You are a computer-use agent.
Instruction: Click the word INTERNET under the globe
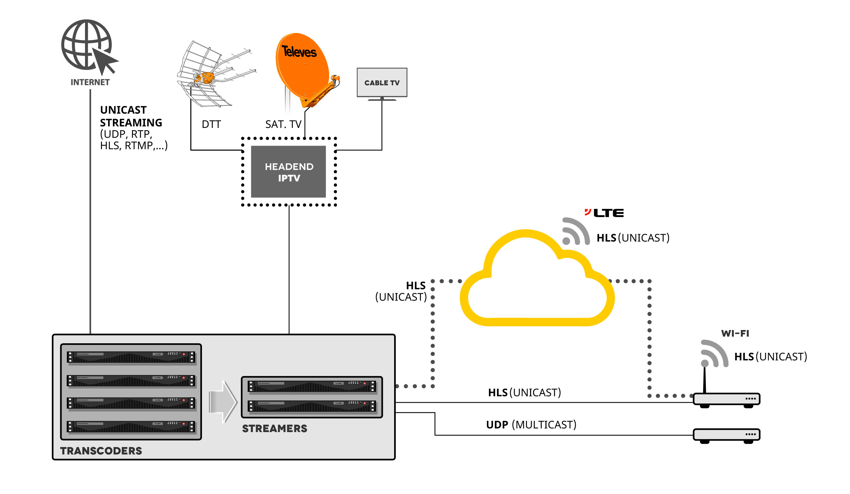click(90, 82)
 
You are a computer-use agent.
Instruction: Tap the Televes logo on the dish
click(299, 52)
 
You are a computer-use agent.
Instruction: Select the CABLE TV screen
click(382, 83)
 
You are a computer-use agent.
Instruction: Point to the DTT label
click(211, 125)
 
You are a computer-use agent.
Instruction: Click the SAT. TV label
click(283, 125)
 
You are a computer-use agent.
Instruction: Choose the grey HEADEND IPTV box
click(288, 172)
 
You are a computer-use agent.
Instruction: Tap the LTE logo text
click(608, 213)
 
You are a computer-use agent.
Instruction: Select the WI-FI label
click(735, 333)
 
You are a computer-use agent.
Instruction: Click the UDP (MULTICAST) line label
click(531, 425)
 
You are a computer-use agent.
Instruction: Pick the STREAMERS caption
click(274, 429)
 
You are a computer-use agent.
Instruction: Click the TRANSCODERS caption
click(101, 451)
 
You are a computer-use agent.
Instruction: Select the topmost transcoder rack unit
click(131, 358)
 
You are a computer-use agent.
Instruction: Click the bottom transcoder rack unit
click(131, 427)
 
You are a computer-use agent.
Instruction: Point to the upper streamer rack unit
click(312, 386)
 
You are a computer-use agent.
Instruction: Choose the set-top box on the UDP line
click(726, 435)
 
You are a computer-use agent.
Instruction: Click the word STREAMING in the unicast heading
click(131, 123)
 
